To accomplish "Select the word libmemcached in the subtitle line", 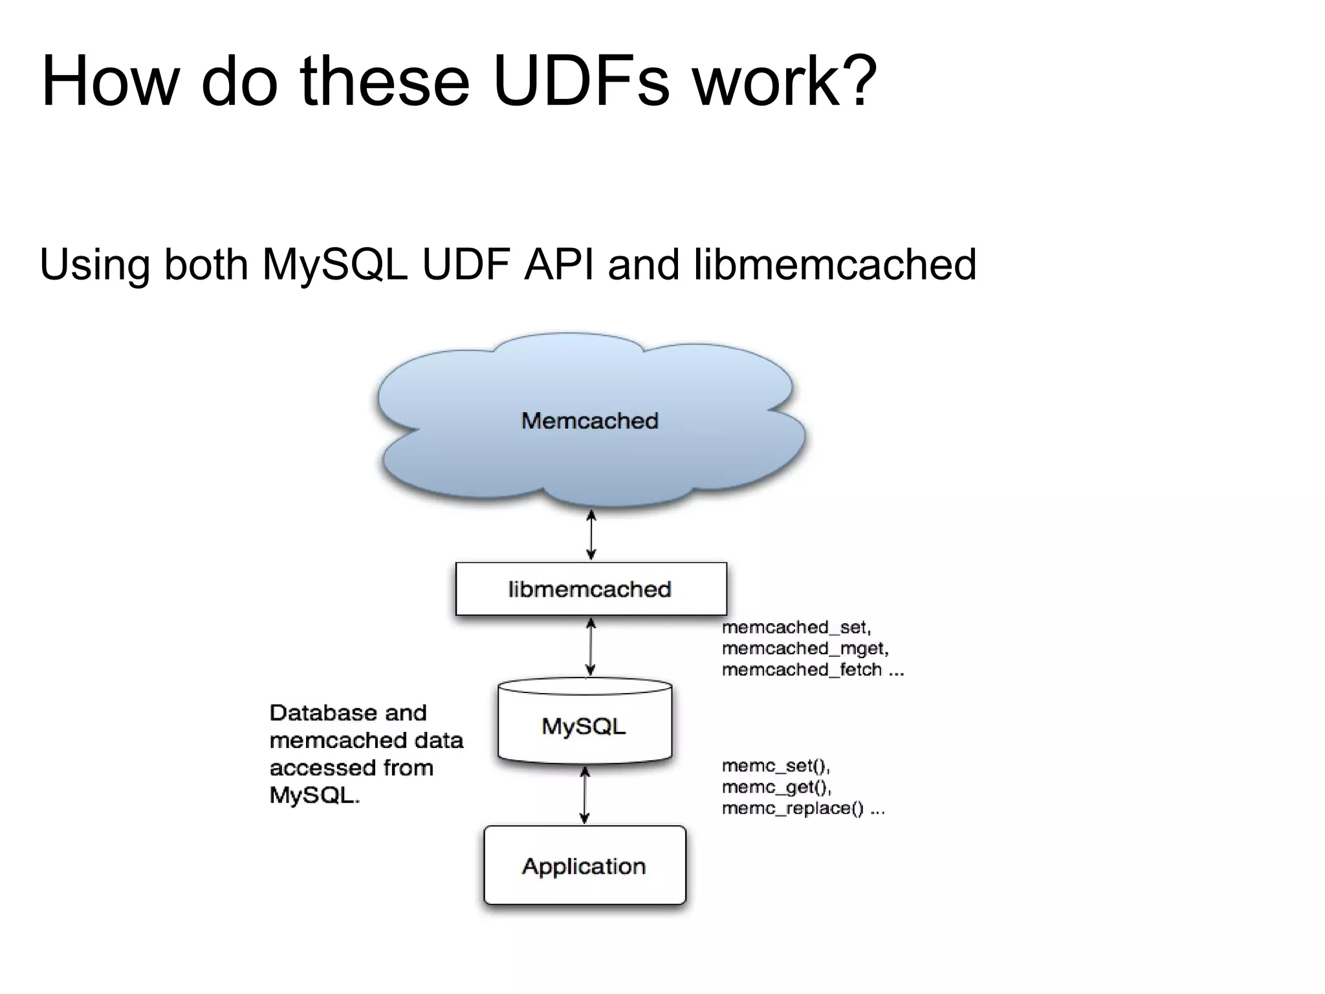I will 834,265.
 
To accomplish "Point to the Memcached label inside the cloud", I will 589,421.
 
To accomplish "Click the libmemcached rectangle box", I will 591,589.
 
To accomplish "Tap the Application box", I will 584,866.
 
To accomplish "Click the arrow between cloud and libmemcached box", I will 591,535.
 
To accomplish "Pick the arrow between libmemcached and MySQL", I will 590,646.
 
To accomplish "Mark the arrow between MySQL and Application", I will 585,795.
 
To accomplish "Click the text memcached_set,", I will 796,627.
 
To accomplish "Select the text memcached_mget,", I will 805,648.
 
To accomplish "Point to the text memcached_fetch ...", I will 802,669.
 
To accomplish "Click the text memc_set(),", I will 776,766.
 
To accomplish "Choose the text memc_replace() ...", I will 793,808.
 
